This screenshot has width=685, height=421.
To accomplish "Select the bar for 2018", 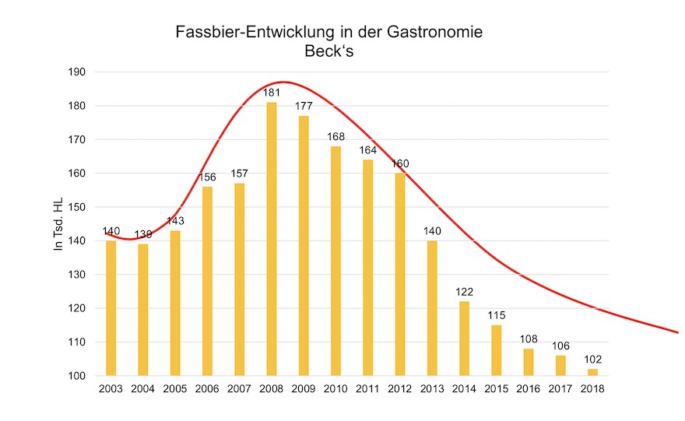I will pos(592,372).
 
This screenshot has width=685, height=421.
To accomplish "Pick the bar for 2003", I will pos(111,308).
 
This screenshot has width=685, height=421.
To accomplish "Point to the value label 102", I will pos(592,360).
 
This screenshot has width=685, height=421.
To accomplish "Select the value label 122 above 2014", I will pos(464,293).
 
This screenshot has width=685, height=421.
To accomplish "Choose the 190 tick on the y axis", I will pos(77,72).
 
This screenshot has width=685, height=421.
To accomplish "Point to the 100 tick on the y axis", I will pos(77,376).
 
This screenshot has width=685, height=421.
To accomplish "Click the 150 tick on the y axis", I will pos(77,207).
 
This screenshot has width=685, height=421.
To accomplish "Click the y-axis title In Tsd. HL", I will pos(58,223).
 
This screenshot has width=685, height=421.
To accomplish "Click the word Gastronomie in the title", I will pos(435,33).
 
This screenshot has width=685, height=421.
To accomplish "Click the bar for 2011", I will pos(367,268).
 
